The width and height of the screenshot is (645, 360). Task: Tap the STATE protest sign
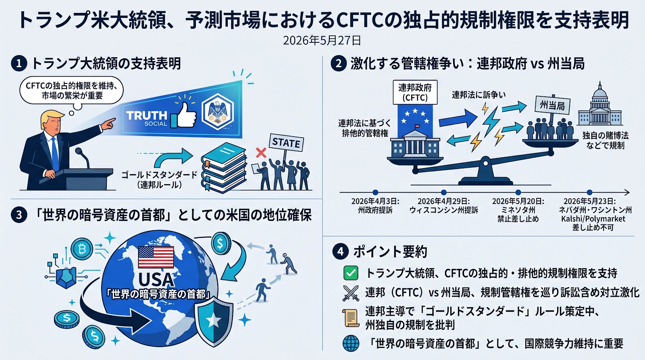(286, 143)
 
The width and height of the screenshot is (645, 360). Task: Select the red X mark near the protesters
(261, 153)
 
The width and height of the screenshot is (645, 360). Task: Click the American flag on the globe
(156, 257)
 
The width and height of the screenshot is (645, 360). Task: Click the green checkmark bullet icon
(351, 273)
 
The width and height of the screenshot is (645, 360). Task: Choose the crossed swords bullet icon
(351, 293)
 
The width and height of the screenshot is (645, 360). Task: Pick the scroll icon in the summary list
(351, 318)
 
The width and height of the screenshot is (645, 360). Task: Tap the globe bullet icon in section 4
(351, 343)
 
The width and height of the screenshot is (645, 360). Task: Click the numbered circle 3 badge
(19, 215)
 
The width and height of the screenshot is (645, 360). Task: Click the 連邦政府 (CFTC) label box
(415, 92)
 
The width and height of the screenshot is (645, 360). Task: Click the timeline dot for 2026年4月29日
(444, 192)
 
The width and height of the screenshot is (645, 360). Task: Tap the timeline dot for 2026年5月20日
(518, 192)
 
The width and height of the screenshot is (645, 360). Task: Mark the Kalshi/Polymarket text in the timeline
(593, 219)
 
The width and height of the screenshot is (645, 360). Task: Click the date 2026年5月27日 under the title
(322, 41)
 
